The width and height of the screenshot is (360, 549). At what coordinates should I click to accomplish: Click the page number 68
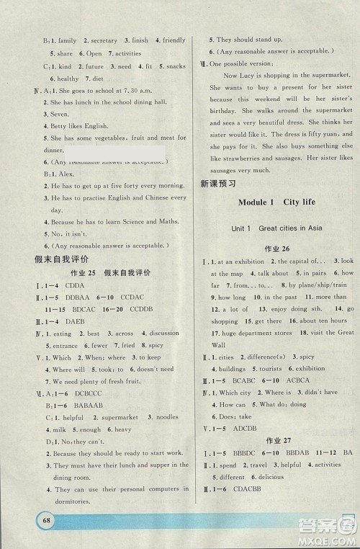[35, 518]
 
